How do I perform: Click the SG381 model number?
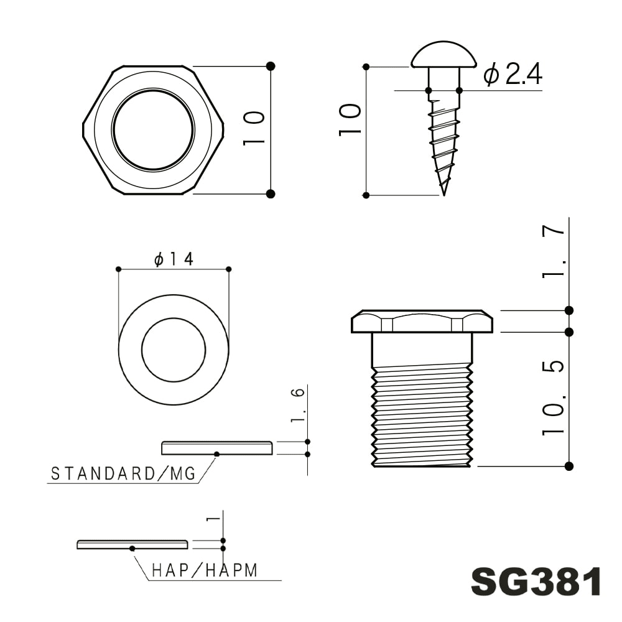[536, 582]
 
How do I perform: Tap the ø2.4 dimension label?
[513, 75]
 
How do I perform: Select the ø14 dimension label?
[174, 259]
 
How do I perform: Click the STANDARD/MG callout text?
[123, 474]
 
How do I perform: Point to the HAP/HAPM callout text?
[205, 570]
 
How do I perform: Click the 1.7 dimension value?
[554, 251]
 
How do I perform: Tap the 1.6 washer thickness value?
[298, 405]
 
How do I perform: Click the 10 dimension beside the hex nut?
[254, 129]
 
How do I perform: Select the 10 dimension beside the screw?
[350, 120]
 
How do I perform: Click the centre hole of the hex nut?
[153, 129]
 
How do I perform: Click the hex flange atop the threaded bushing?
[422, 322]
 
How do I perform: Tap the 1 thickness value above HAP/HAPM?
[214, 518]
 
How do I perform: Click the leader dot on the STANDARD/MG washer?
[216, 454]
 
